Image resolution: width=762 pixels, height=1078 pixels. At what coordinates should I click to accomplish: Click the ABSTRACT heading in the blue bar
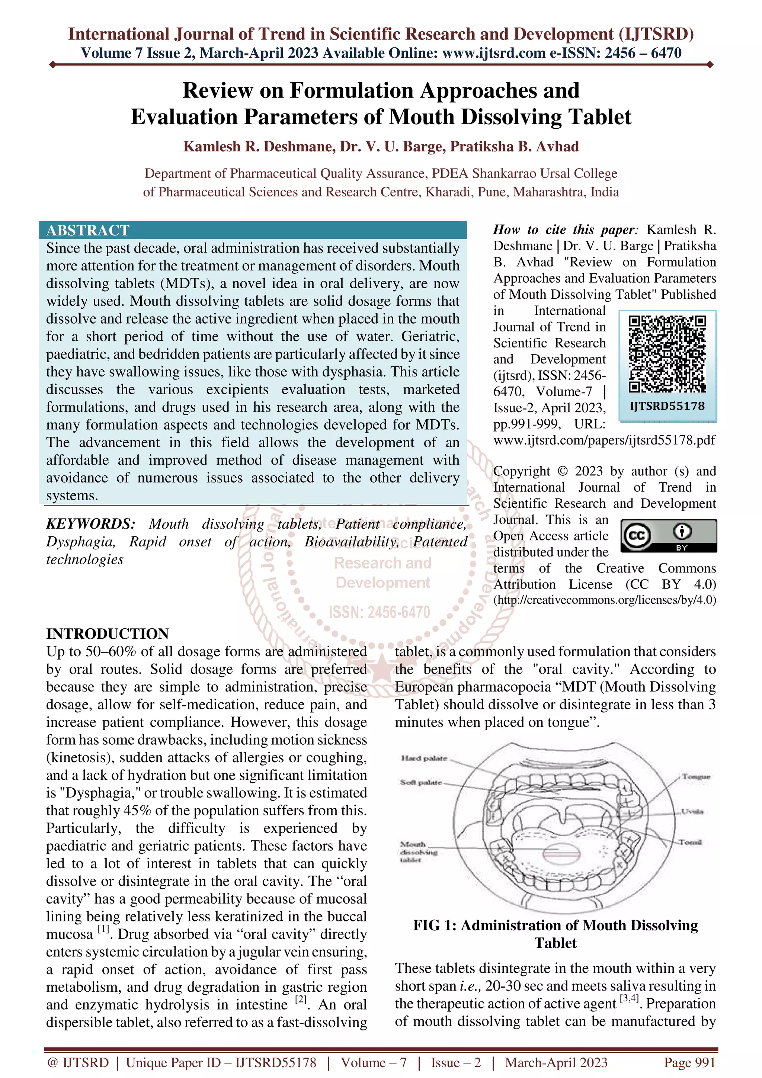(88, 230)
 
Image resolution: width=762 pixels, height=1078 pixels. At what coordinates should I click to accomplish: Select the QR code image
(667, 354)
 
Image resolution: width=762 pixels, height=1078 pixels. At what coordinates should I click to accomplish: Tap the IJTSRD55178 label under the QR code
(667, 406)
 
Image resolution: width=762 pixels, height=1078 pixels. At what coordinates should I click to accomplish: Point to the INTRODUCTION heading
(107, 633)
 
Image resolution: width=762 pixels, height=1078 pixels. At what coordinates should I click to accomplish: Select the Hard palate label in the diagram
(424, 758)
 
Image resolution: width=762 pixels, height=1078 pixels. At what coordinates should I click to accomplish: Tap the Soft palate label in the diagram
(421, 783)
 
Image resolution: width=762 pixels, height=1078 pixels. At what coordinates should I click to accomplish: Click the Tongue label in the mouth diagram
(696, 777)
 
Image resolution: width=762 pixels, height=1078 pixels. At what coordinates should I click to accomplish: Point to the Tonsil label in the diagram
(690, 842)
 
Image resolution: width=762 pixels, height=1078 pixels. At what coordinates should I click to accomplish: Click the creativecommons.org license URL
(605, 600)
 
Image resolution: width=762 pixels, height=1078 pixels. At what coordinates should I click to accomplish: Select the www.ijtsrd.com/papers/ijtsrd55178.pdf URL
(604, 440)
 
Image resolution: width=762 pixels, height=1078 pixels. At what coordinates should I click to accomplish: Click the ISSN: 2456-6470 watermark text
(380, 612)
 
